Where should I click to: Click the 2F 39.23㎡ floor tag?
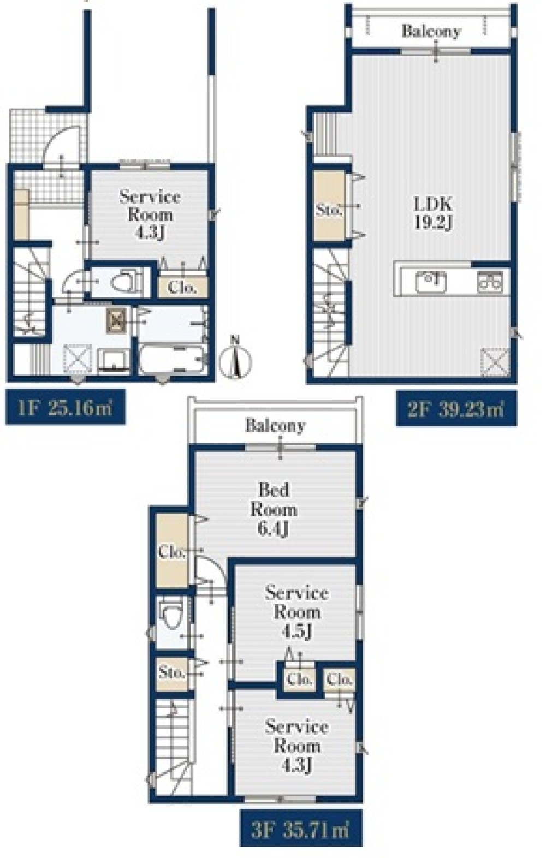point(456,409)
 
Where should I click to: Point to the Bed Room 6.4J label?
point(274,509)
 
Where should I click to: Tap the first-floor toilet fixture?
point(125,282)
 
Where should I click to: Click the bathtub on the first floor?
point(173,359)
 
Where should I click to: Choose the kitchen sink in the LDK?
point(431,282)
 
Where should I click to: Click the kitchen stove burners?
point(490,282)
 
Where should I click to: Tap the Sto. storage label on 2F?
point(328,210)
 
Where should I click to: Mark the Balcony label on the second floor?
point(431,31)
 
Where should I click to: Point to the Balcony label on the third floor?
point(276,426)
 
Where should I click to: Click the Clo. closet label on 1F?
point(182,288)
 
